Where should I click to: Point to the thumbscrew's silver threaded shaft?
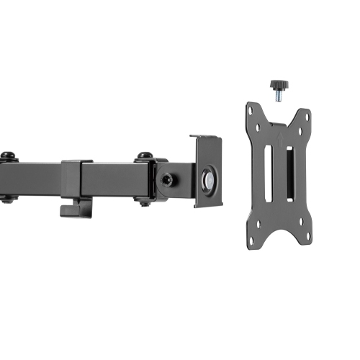pos(277,93)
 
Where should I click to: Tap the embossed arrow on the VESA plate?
pos(278,134)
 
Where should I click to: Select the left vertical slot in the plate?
pos(270,171)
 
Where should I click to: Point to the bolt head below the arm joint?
pos(145,204)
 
